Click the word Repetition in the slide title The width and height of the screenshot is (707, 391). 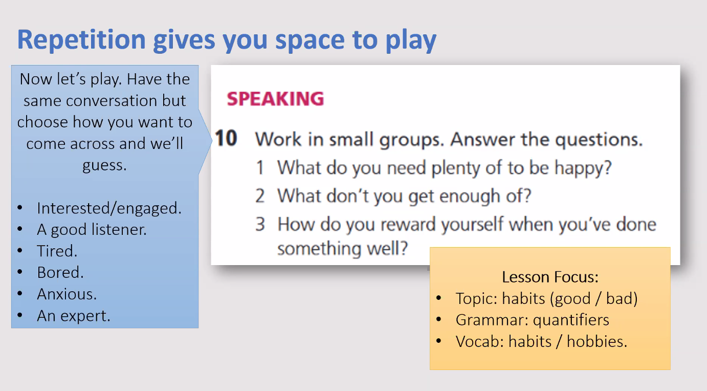click(81, 39)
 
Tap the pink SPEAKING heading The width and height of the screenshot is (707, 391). click(275, 99)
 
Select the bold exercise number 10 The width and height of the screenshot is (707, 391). click(226, 138)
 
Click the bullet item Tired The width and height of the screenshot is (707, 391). click(57, 251)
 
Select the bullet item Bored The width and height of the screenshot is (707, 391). click(60, 273)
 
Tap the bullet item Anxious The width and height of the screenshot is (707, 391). click(67, 294)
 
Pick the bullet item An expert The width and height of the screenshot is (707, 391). click(74, 316)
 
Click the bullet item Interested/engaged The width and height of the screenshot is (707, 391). click(109, 208)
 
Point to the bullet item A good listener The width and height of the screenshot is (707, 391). click(92, 230)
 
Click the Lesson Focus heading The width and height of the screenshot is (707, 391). click(550, 277)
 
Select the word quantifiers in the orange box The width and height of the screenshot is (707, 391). click(571, 320)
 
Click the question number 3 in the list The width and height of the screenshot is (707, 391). click(260, 224)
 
